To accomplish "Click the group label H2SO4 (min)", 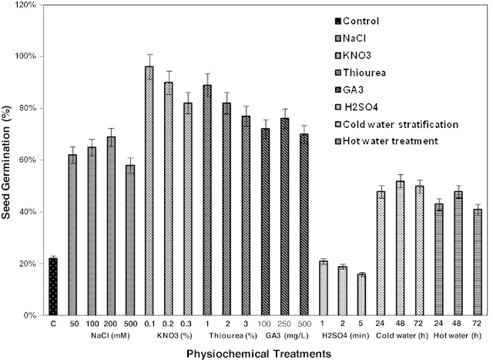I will point(342,337).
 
